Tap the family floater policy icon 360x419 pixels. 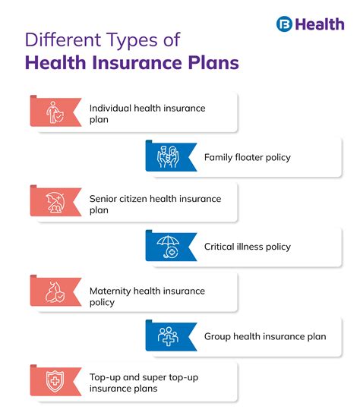click(x=169, y=157)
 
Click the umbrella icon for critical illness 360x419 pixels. click(x=169, y=247)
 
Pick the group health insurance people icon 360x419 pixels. click(x=169, y=336)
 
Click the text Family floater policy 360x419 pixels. click(x=247, y=157)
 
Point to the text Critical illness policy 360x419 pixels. click(x=247, y=247)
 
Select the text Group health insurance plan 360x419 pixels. click(x=265, y=336)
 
